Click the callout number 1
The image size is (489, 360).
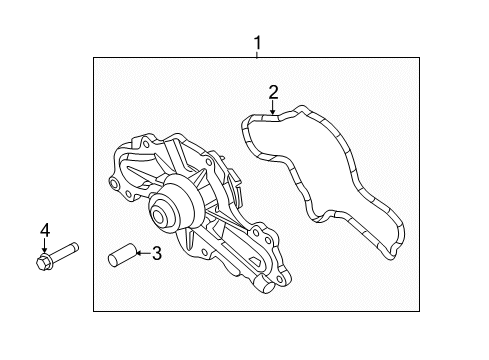pyautogui.click(x=257, y=43)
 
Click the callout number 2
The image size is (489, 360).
pyautogui.click(x=272, y=93)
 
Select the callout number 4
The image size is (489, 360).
pyautogui.click(x=44, y=232)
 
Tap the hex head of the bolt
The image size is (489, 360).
pyautogui.click(x=44, y=265)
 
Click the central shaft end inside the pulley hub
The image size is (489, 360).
pyautogui.click(x=157, y=214)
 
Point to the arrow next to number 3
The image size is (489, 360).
pyautogui.click(x=141, y=255)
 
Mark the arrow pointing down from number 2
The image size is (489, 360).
pyautogui.click(x=272, y=110)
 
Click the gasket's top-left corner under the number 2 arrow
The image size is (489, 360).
pyautogui.click(x=250, y=124)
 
